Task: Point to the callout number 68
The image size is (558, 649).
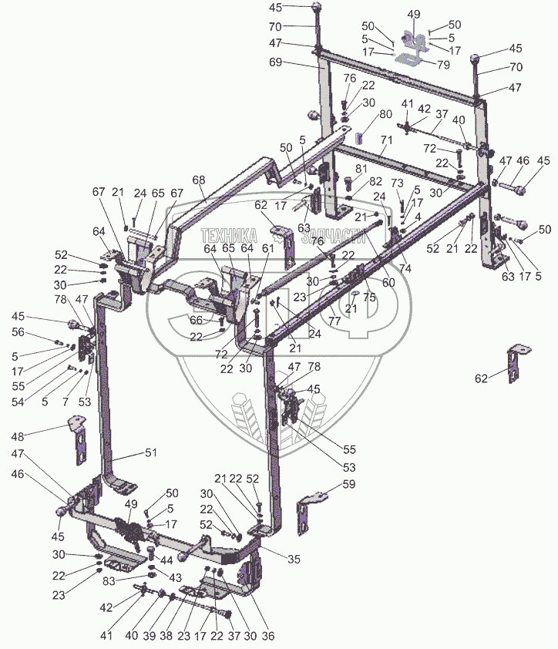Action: (x=199, y=180)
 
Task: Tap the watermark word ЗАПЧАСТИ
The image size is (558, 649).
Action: (x=334, y=240)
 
